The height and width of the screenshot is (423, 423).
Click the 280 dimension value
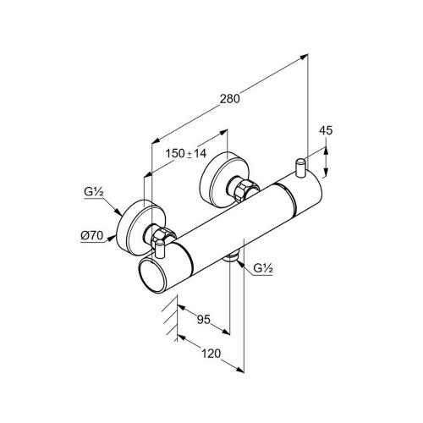click(230, 99)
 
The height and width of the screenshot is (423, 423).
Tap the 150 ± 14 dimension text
click(186, 153)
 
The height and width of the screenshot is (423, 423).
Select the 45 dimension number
click(326, 130)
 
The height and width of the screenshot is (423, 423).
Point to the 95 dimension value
click(204, 320)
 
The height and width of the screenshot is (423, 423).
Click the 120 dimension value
click(211, 354)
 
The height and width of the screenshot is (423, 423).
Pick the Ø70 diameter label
click(92, 235)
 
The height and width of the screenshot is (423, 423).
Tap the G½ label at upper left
click(94, 192)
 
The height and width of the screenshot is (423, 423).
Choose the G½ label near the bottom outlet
click(263, 268)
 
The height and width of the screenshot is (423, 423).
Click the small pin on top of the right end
click(299, 168)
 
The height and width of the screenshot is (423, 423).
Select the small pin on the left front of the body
click(160, 249)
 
